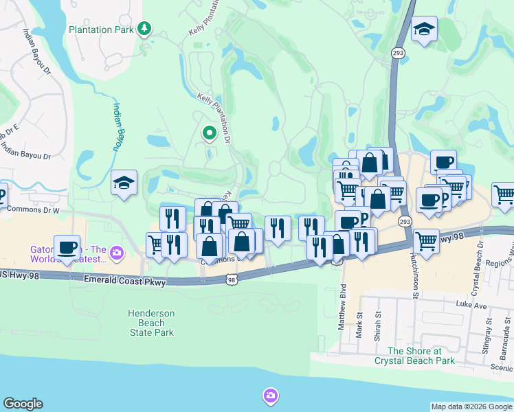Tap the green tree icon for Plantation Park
point(144,28)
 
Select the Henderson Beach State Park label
point(152,323)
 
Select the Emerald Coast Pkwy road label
point(124,281)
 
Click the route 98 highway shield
point(232,279)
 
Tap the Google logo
point(23,404)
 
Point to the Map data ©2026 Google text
point(471,407)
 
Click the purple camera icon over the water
point(270,395)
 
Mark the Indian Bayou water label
point(117,128)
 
